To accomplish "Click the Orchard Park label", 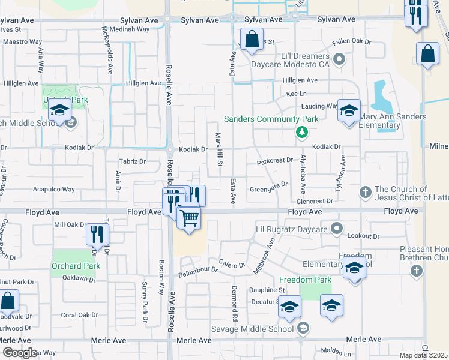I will pos(76,266).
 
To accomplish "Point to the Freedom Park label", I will pos(305,280).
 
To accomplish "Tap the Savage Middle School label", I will pos(252,328).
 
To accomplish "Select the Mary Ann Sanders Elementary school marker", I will pos(348,111).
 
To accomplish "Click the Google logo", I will pos(19,353).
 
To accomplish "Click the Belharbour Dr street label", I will pos(199,271).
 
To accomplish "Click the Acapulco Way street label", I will pos(53,189).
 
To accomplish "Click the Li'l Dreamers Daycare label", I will pos(291,59).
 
